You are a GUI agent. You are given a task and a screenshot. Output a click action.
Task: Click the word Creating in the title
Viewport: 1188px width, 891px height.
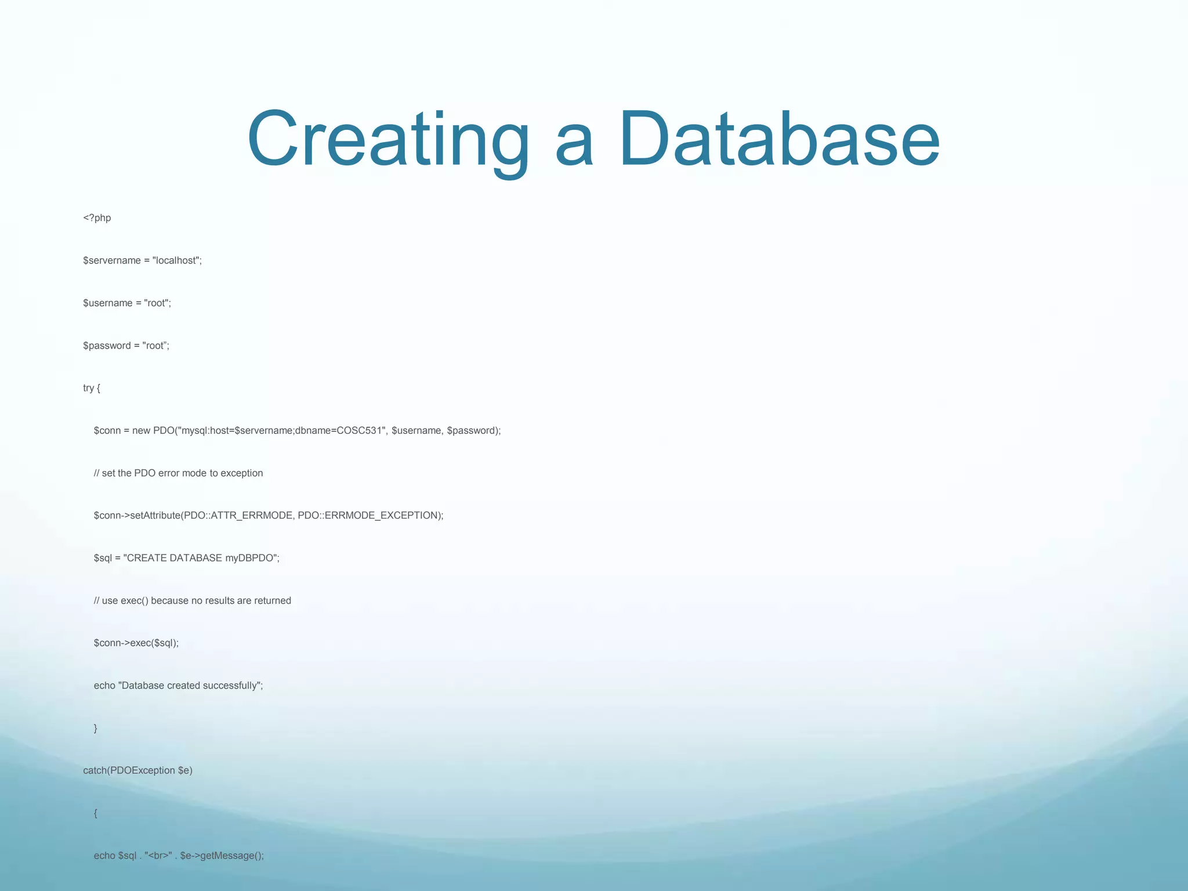point(387,140)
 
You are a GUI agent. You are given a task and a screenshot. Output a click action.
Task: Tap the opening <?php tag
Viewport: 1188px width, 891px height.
point(97,218)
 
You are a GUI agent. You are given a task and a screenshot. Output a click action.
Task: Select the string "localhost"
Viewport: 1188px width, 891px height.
point(176,260)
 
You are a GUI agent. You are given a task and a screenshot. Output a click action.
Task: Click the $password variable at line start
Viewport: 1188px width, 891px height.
point(107,346)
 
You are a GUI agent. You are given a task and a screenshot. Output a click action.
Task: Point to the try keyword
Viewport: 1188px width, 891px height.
point(88,388)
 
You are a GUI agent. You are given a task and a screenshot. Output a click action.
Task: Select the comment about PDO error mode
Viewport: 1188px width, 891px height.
point(178,473)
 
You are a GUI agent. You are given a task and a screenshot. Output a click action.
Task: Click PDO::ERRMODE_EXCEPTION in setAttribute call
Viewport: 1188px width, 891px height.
point(368,516)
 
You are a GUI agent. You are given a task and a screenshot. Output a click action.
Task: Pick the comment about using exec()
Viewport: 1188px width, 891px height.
point(192,601)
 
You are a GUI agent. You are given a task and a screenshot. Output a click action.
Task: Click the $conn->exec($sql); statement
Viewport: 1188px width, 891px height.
point(136,643)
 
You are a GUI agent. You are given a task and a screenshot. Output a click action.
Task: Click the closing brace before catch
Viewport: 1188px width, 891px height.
point(96,729)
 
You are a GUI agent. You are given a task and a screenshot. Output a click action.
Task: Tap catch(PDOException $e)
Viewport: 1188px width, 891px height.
point(137,771)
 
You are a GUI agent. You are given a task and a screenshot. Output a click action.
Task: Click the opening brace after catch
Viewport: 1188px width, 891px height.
point(96,814)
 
